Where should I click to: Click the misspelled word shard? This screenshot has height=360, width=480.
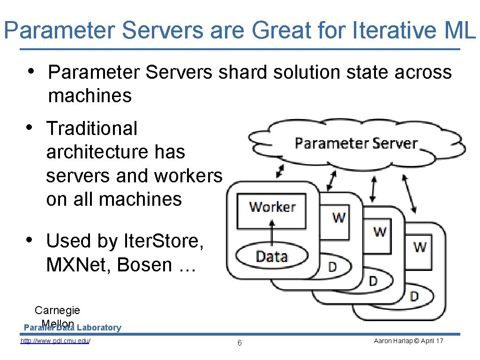(x=240, y=72)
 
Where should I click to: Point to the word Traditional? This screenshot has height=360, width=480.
(x=92, y=128)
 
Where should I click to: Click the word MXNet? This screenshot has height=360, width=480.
(x=78, y=265)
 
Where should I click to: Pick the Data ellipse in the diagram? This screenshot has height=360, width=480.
(x=272, y=256)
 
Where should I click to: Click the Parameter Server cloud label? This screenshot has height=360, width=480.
(x=356, y=143)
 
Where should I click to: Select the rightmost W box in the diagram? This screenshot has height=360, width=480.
(x=420, y=247)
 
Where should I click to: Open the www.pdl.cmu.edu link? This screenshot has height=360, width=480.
(x=55, y=341)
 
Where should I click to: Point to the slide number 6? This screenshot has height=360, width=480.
(x=240, y=343)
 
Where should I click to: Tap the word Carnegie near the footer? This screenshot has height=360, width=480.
(x=57, y=310)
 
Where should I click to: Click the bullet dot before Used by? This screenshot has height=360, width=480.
(x=30, y=240)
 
